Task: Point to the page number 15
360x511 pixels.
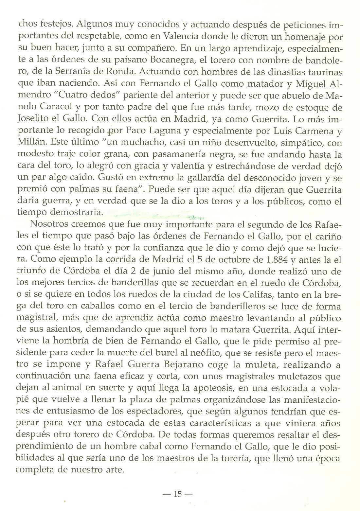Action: pyautogui.click(x=178, y=494)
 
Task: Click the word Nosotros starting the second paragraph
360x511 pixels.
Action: pyautogui.click(x=48, y=224)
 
